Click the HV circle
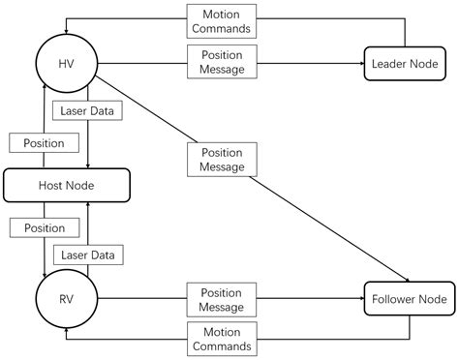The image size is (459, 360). pyautogui.click(x=66, y=64)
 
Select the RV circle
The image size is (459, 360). pyautogui.click(x=66, y=299)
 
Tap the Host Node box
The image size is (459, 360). pyautogui.click(x=66, y=184)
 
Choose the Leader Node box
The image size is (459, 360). pyautogui.click(x=405, y=64)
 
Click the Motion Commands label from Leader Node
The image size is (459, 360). pyautogui.click(x=221, y=21)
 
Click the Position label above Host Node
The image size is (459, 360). pyautogui.click(x=37, y=142)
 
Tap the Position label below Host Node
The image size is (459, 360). pyautogui.click(x=37, y=228)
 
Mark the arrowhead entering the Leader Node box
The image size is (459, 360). pyautogui.click(x=359, y=64)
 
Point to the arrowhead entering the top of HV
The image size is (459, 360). pyautogui.click(x=66, y=32)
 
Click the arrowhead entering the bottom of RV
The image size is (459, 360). pyautogui.click(x=66, y=332)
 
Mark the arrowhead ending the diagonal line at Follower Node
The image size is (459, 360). pyautogui.click(x=396, y=276)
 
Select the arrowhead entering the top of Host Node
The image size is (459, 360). pyautogui.click(x=87, y=165)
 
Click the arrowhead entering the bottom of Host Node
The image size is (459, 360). pyautogui.click(x=87, y=204)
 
